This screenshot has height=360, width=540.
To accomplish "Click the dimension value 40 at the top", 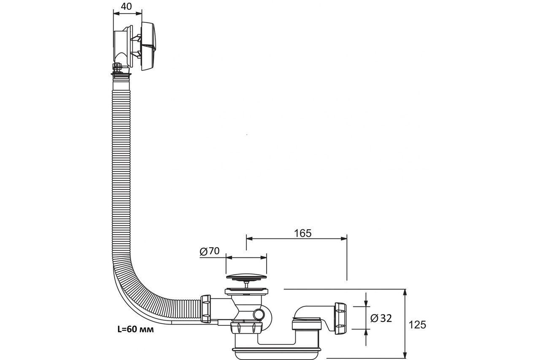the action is pyautogui.click(x=126, y=6).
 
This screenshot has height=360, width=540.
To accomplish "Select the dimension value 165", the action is pyautogui.click(x=303, y=233).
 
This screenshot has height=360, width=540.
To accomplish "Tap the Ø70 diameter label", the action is pyautogui.click(x=210, y=251).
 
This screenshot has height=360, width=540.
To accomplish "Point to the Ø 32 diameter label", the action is pyautogui.click(x=381, y=318).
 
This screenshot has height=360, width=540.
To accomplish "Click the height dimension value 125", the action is pyautogui.click(x=417, y=325).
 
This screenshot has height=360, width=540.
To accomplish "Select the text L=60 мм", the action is pyautogui.click(x=135, y=329).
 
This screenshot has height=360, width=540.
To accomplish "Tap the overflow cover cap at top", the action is pyautogui.click(x=148, y=46).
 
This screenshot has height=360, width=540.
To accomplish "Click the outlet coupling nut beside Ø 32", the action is pyautogui.click(x=340, y=318).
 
